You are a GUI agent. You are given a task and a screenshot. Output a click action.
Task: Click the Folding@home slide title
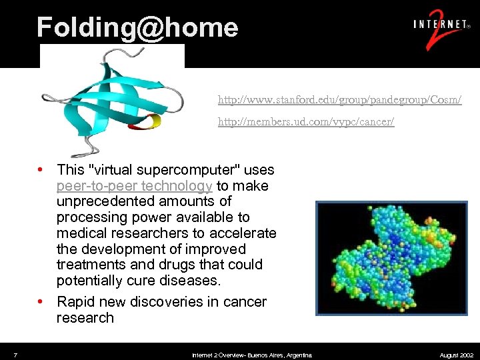click(137, 27)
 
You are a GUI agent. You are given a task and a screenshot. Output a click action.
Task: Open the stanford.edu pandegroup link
click(339, 100)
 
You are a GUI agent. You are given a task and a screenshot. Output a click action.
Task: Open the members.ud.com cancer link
click(306, 122)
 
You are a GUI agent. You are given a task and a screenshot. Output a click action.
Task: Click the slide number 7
click(15, 354)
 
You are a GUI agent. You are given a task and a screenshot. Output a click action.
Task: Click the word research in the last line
click(85, 318)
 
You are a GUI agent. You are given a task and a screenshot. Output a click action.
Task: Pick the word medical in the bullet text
click(81, 233)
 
